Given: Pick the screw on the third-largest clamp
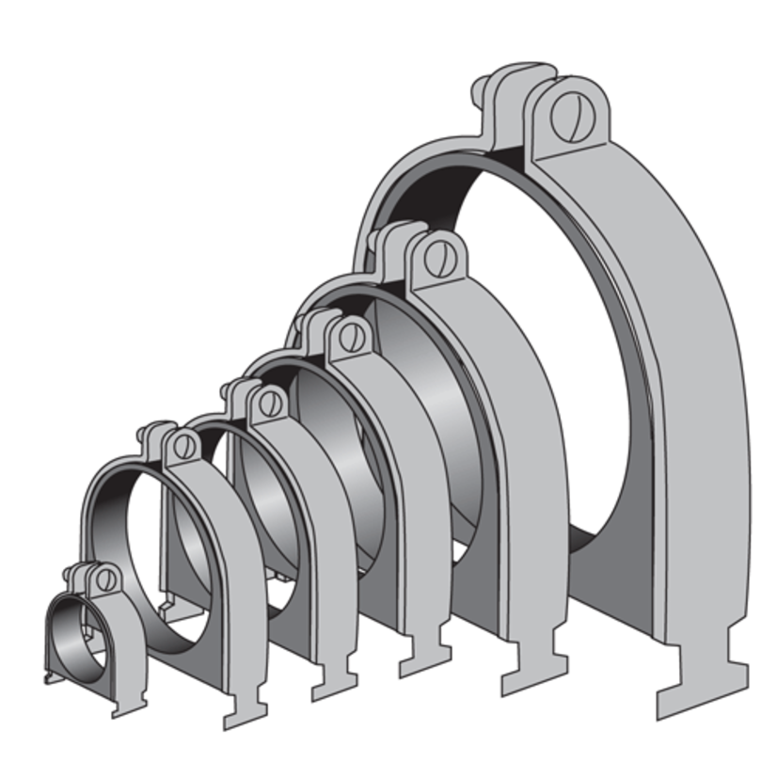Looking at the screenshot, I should [x=352, y=336].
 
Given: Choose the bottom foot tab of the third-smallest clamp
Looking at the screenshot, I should [x=336, y=675].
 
